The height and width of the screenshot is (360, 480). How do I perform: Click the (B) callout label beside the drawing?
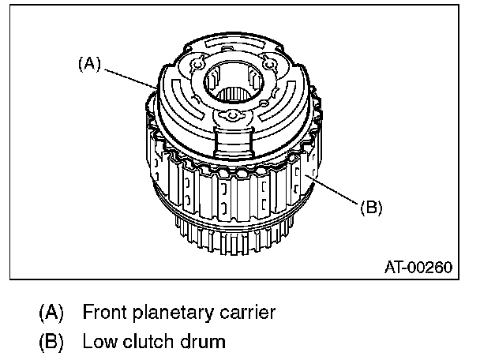(x=372, y=208)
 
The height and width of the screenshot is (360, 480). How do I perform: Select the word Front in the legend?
(x=103, y=313)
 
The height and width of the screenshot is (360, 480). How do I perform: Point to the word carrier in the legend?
(x=246, y=313)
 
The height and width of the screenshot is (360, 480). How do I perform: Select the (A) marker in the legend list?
(x=51, y=313)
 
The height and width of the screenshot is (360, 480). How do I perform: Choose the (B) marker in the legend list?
(x=51, y=343)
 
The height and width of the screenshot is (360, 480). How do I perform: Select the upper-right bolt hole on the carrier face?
(x=271, y=65)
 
